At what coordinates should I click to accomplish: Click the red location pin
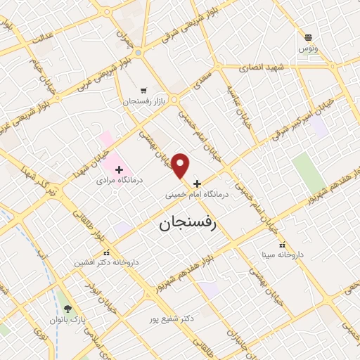point(181,165)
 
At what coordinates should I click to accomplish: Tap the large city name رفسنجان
point(186,224)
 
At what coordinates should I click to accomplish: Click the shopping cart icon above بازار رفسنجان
point(143,91)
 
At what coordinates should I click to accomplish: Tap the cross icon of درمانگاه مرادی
point(119,169)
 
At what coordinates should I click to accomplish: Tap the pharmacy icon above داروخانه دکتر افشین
point(106,253)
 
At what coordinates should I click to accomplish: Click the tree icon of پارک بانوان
point(67,309)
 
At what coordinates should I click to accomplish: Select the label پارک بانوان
point(67,320)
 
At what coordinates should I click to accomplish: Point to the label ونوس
point(307,49)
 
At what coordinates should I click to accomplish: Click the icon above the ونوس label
point(307,37)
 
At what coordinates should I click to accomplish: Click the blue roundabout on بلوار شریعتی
point(139,52)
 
